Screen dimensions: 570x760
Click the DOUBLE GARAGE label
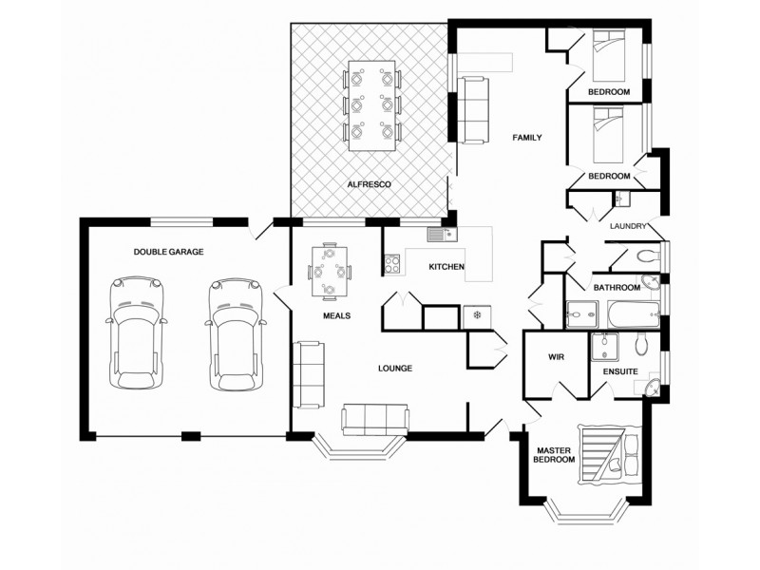(x=168, y=251)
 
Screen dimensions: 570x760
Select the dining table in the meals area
(x=330, y=271)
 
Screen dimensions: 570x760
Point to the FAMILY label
(x=527, y=138)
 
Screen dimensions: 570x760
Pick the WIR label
(x=558, y=357)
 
